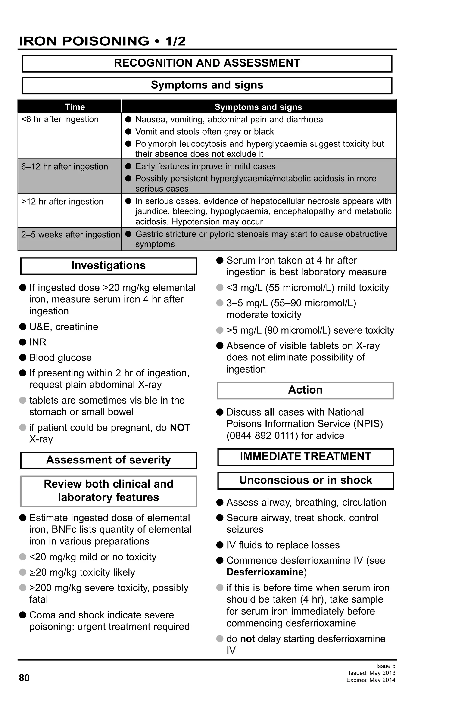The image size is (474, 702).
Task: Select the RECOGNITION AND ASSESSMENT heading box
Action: click(207, 63)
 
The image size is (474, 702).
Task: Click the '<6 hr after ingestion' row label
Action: click(60, 119)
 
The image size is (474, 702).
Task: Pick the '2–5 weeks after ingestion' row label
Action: click(70, 235)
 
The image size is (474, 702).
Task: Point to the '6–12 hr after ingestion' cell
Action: click(64, 167)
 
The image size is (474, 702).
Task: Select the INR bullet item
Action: click(38, 342)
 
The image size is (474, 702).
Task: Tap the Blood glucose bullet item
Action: click(60, 358)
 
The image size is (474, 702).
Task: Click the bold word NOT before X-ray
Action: click(180, 428)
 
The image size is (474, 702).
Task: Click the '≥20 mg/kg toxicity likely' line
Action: click(82, 572)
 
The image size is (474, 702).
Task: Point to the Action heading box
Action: click(305, 390)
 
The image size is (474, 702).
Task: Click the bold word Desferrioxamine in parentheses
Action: click(265, 572)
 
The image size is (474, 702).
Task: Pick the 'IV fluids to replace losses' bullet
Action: click(283, 545)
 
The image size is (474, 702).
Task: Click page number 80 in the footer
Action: click(24, 678)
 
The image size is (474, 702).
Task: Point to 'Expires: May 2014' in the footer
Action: click(371, 680)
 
